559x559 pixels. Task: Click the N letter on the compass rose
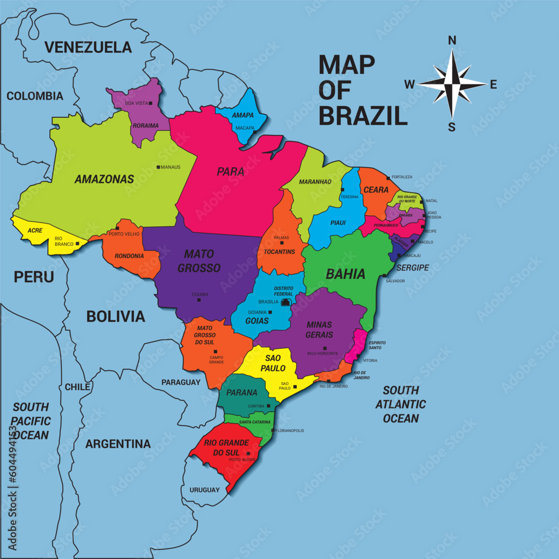[452, 40]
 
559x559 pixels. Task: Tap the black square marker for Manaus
[158, 167]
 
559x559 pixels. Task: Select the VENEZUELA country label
[88, 47]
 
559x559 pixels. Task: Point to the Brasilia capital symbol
[286, 302]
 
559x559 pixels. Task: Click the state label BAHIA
[345, 274]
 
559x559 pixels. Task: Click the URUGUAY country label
[204, 490]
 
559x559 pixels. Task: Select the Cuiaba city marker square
[198, 300]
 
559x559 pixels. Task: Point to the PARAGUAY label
[181, 382]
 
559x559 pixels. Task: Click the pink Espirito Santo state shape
[356, 348]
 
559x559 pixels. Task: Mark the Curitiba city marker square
[269, 406]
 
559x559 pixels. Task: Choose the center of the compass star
[452, 84]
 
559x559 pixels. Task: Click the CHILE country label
[77, 387]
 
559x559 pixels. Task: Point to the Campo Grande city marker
[215, 352]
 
